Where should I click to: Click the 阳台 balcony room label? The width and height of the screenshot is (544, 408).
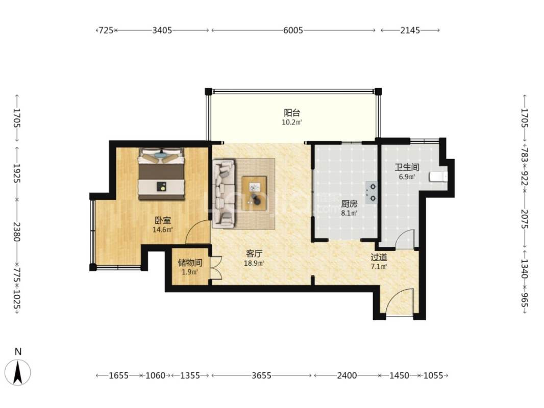pyautogui.click(x=292, y=113)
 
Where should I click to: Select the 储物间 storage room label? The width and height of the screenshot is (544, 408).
pyautogui.click(x=190, y=263)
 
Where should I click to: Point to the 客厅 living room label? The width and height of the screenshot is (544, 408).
pyautogui.click(x=254, y=254)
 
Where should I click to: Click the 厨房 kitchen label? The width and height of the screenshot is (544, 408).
pyautogui.click(x=349, y=204)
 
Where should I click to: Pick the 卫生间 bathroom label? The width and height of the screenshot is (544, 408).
pyautogui.click(x=407, y=167)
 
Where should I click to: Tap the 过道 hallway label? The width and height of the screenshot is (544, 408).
pyautogui.click(x=379, y=258)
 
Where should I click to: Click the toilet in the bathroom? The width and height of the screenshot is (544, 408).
pyautogui.click(x=438, y=176)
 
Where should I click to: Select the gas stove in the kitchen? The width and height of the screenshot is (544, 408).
pyautogui.click(x=371, y=192)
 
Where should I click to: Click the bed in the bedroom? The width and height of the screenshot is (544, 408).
pyautogui.click(x=161, y=174)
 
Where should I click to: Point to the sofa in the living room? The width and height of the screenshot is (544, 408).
pyautogui.click(x=224, y=193)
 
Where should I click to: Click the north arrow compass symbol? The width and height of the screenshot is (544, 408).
pyautogui.click(x=18, y=373)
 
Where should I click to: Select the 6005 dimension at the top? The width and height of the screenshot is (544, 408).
pyautogui.click(x=293, y=31)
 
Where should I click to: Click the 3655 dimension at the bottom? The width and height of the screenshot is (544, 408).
pyautogui.click(x=262, y=375)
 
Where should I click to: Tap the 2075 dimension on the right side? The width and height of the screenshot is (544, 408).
pyautogui.click(x=524, y=219)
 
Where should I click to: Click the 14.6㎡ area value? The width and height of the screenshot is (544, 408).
pyautogui.click(x=163, y=229)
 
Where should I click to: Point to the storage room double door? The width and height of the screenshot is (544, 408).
pyautogui.click(x=216, y=268)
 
